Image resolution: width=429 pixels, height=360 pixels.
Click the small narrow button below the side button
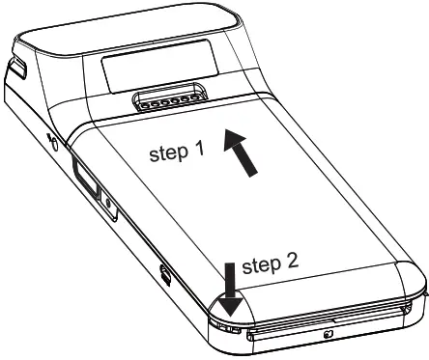(105, 207)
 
